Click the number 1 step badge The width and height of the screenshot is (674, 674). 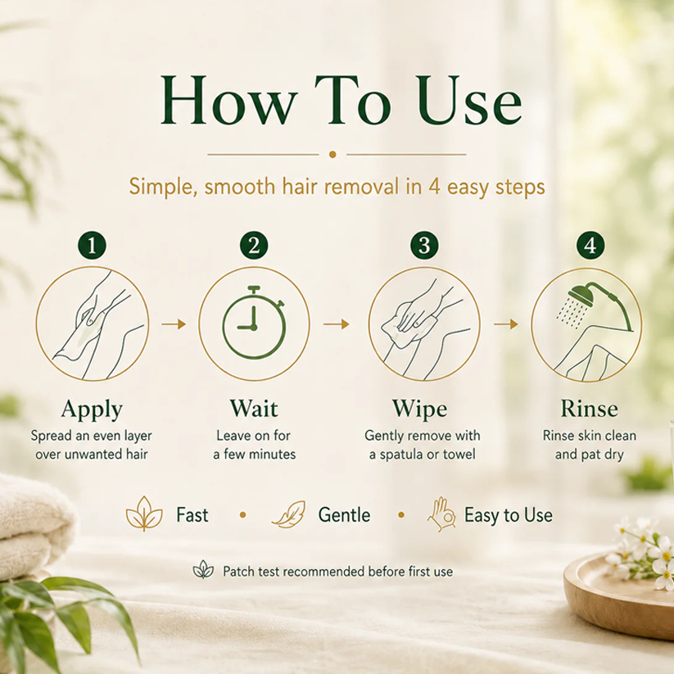[92, 246]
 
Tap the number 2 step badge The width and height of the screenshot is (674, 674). [254, 246]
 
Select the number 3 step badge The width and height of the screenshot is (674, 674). [424, 246]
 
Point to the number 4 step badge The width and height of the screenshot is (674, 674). [590, 246]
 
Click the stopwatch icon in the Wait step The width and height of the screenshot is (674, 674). [254, 323]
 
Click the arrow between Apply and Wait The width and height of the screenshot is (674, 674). [174, 323]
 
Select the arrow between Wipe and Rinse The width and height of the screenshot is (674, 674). [506, 323]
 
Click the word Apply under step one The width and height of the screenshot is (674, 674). [92, 409]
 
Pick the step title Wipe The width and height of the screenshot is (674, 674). [419, 409]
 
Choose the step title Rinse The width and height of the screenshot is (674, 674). [590, 409]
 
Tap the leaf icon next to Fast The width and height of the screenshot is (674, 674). [144, 513]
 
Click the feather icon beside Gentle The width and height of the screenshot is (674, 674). [289, 514]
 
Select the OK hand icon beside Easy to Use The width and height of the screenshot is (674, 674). [442, 514]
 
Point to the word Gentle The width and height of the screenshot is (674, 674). [344, 515]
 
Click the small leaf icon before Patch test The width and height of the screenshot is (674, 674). [203, 570]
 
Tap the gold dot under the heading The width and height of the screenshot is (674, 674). [332, 154]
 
